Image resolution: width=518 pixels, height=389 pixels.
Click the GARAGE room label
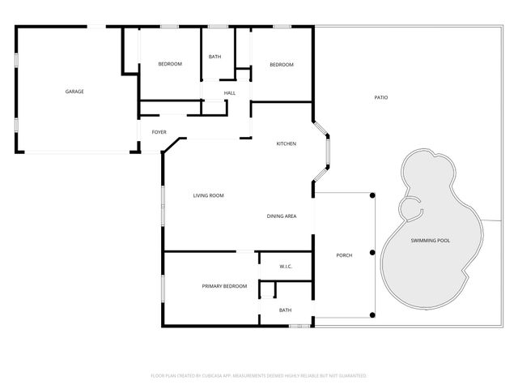[x=74, y=92]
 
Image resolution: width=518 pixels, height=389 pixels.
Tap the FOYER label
[x=159, y=131]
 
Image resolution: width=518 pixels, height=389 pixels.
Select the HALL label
[x=230, y=93]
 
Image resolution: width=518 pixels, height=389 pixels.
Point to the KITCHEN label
[x=287, y=143]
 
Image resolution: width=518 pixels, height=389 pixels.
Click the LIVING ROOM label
[x=208, y=195]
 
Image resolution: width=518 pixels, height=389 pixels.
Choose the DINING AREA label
[x=282, y=216]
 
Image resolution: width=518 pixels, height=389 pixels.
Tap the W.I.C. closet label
[x=286, y=266]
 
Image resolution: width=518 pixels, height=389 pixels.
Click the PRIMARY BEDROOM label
[x=224, y=287]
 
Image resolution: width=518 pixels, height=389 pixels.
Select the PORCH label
[x=344, y=255]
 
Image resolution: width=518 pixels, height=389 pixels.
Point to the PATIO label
[x=380, y=98]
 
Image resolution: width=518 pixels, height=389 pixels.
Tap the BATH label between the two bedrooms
[x=214, y=57]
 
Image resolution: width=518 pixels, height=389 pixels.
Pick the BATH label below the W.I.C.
[x=285, y=310]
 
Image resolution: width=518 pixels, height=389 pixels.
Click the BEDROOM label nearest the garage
[x=170, y=64]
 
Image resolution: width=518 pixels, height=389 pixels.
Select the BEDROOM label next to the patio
[x=281, y=64]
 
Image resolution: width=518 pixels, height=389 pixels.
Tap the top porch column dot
[x=372, y=195]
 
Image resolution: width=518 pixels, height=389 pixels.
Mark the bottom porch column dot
[x=372, y=314]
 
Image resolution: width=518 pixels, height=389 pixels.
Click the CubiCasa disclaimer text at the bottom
[x=259, y=376]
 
